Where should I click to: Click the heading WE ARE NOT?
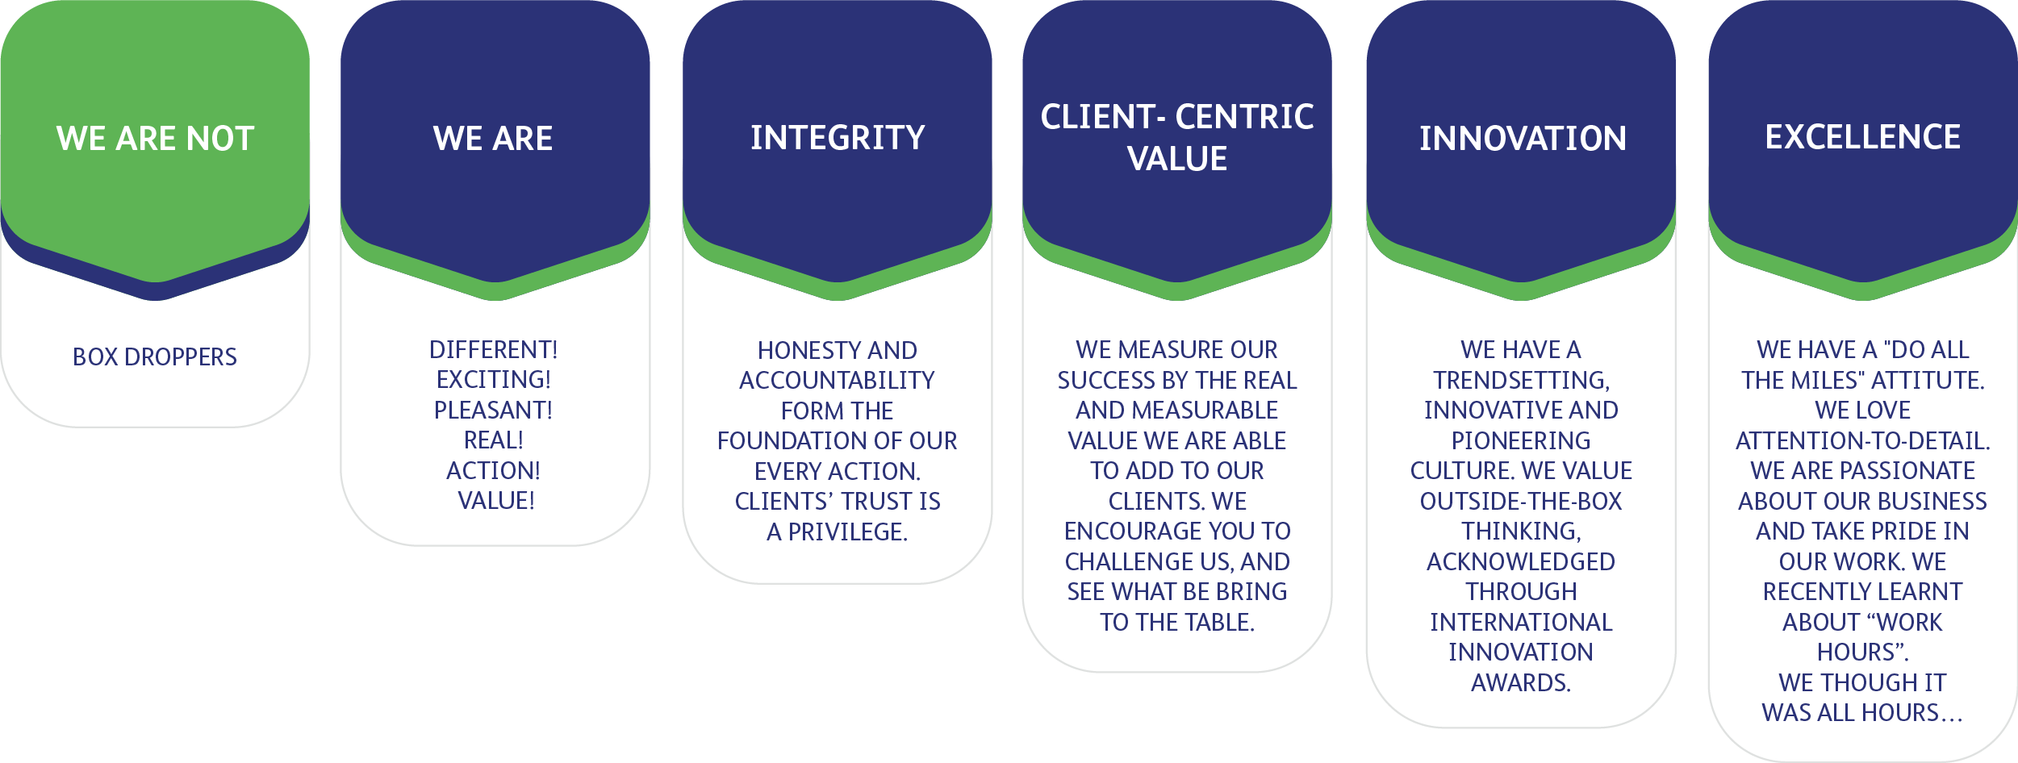click(155, 139)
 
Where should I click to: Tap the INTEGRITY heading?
click(838, 138)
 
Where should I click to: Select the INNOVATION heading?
click(1523, 139)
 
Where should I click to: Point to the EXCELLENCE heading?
click(1862, 137)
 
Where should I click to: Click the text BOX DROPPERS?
click(155, 357)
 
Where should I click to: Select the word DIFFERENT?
click(494, 350)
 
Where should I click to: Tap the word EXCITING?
click(494, 380)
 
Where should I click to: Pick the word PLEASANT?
click(494, 411)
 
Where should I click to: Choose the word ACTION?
click(494, 471)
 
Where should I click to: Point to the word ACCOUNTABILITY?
click(837, 381)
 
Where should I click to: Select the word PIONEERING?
click(1521, 441)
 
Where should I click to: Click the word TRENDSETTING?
click(1521, 381)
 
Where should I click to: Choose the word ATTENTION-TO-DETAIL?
click(1861, 441)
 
